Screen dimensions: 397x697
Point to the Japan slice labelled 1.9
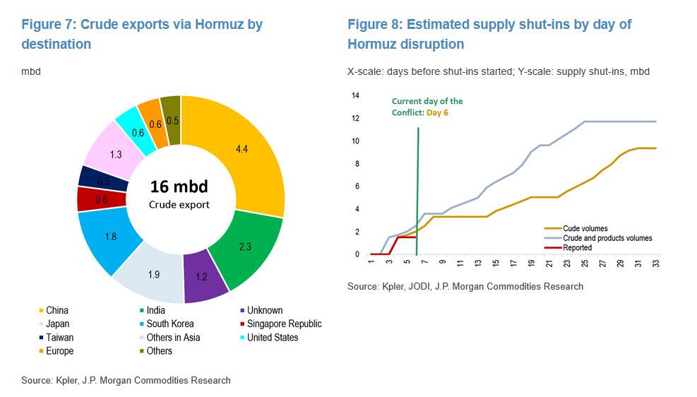(x=154, y=275)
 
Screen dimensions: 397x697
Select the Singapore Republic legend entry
(x=284, y=324)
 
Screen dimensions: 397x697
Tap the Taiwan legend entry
(x=59, y=338)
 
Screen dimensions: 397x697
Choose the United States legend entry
(x=273, y=338)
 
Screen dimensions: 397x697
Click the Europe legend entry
(x=59, y=351)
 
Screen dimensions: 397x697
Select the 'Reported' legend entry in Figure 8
(x=578, y=248)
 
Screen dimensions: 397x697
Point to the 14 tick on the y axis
(x=355, y=95)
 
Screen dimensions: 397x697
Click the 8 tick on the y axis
(x=357, y=164)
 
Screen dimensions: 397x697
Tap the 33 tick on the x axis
(x=656, y=265)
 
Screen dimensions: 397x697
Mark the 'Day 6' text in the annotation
(x=436, y=112)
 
